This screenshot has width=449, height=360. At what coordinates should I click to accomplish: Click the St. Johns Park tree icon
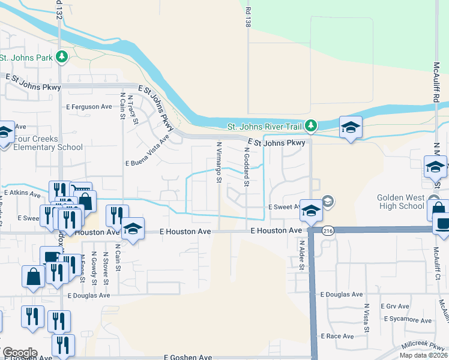[x=61, y=57]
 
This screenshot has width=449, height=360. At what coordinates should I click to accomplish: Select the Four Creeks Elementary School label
[x=41, y=143]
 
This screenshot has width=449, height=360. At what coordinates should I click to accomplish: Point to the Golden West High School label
[x=409, y=202]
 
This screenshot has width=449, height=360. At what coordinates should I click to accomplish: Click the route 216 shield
[x=326, y=230]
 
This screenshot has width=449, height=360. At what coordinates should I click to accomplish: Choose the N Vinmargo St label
[x=219, y=163]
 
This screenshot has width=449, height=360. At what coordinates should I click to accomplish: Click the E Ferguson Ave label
[x=89, y=107]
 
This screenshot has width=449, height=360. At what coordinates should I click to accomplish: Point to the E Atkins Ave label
[x=22, y=193]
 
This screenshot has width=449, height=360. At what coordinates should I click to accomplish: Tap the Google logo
[x=19, y=353]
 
